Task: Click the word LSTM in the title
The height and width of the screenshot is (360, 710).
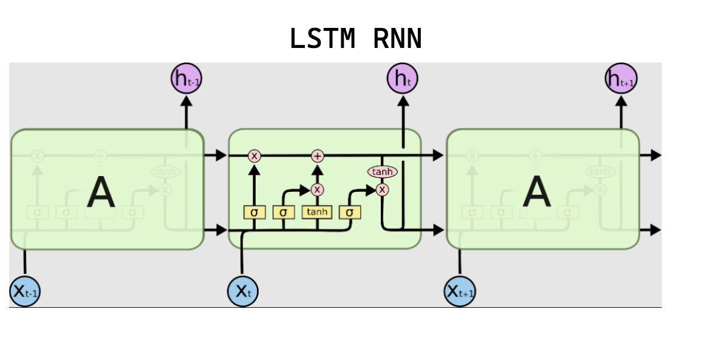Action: click(322, 39)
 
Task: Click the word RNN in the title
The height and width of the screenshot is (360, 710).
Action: click(397, 39)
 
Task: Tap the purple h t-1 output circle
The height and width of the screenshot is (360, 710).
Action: click(186, 79)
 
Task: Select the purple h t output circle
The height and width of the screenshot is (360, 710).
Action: click(403, 79)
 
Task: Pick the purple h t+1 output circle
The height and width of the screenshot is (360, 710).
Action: click(621, 79)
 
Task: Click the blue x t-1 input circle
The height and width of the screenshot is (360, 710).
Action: click(25, 291)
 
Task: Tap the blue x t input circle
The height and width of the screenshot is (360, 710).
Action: click(243, 291)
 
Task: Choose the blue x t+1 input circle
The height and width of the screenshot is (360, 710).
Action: click(460, 291)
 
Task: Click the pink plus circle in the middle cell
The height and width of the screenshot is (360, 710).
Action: click(317, 156)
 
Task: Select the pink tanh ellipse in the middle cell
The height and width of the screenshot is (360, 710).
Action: click(382, 172)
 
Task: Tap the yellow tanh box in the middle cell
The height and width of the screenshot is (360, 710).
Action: click(316, 212)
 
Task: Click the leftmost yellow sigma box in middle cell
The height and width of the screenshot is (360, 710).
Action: click(254, 212)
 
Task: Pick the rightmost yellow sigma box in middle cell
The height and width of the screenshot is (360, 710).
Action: click(350, 212)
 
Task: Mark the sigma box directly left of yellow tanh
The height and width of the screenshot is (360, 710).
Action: click(283, 212)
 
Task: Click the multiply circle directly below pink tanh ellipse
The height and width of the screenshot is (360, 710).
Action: click(382, 190)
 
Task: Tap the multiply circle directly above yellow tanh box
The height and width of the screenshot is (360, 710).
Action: click(317, 190)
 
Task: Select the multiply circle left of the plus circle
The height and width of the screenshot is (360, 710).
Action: click(254, 156)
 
